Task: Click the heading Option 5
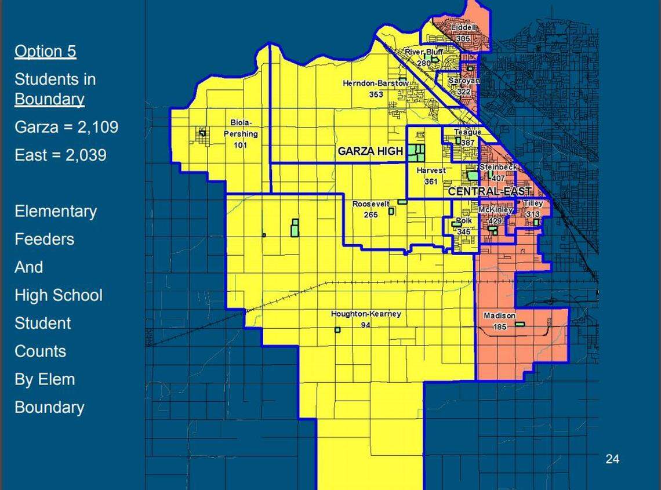point(45,52)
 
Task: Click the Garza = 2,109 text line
point(66,127)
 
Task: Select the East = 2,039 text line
point(60,155)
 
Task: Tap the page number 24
point(612,459)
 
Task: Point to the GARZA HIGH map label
point(370,151)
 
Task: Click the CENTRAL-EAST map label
point(489,191)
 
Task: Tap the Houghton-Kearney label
point(366,314)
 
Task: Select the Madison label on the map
point(499,316)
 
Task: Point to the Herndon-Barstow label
point(376,84)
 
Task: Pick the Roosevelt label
point(371,205)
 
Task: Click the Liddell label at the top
point(463,27)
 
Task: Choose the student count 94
point(365,325)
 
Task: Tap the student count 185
point(499,326)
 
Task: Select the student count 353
point(376,94)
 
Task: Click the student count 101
point(240,145)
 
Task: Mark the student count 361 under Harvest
point(430,182)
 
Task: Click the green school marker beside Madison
point(520,324)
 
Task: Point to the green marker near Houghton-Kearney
point(337,330)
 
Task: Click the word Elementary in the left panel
point(56,211)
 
